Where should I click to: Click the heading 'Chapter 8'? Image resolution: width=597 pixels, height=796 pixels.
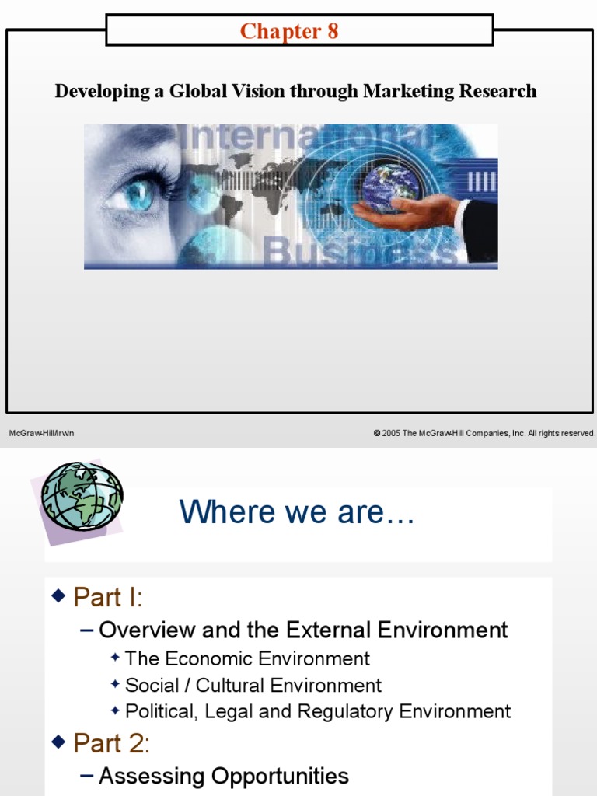point(289,31)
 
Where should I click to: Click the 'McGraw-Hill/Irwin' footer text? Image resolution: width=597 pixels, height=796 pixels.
point(41,434)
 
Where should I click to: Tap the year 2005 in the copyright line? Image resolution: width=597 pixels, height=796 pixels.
point(391,434)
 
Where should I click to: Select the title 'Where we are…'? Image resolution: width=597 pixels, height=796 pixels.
point(297,512)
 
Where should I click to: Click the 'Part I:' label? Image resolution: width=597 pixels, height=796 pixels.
point(108,597)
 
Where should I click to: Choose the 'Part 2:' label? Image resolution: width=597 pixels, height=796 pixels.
point(111,744)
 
